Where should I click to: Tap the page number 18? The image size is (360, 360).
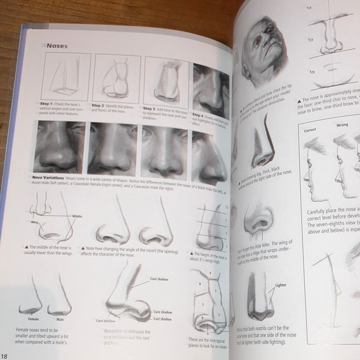[x=5, y=355]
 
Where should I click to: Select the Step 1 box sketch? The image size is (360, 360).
[x=66, y=76]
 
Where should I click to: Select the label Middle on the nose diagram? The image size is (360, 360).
[x=77, y=216]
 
